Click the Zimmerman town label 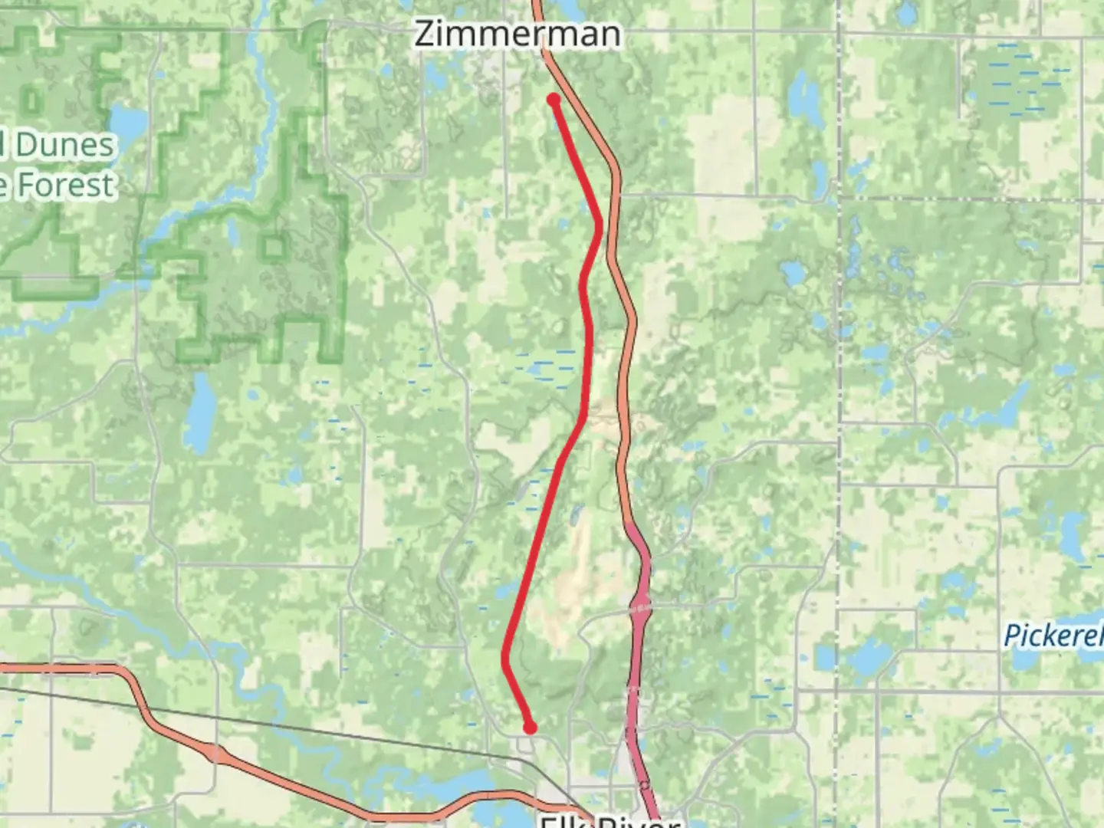tap(517, 34)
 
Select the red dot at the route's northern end tap(554, 99)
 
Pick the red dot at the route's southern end tap(530, 728)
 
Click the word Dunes tap(64, 145)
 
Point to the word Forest tap(66, 185)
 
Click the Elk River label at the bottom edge tap(609, 820)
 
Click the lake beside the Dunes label tap(127, 120)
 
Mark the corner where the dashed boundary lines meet tap(839, 198)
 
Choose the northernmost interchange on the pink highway tap(641, 606)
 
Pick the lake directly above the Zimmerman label tap(570, 9)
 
